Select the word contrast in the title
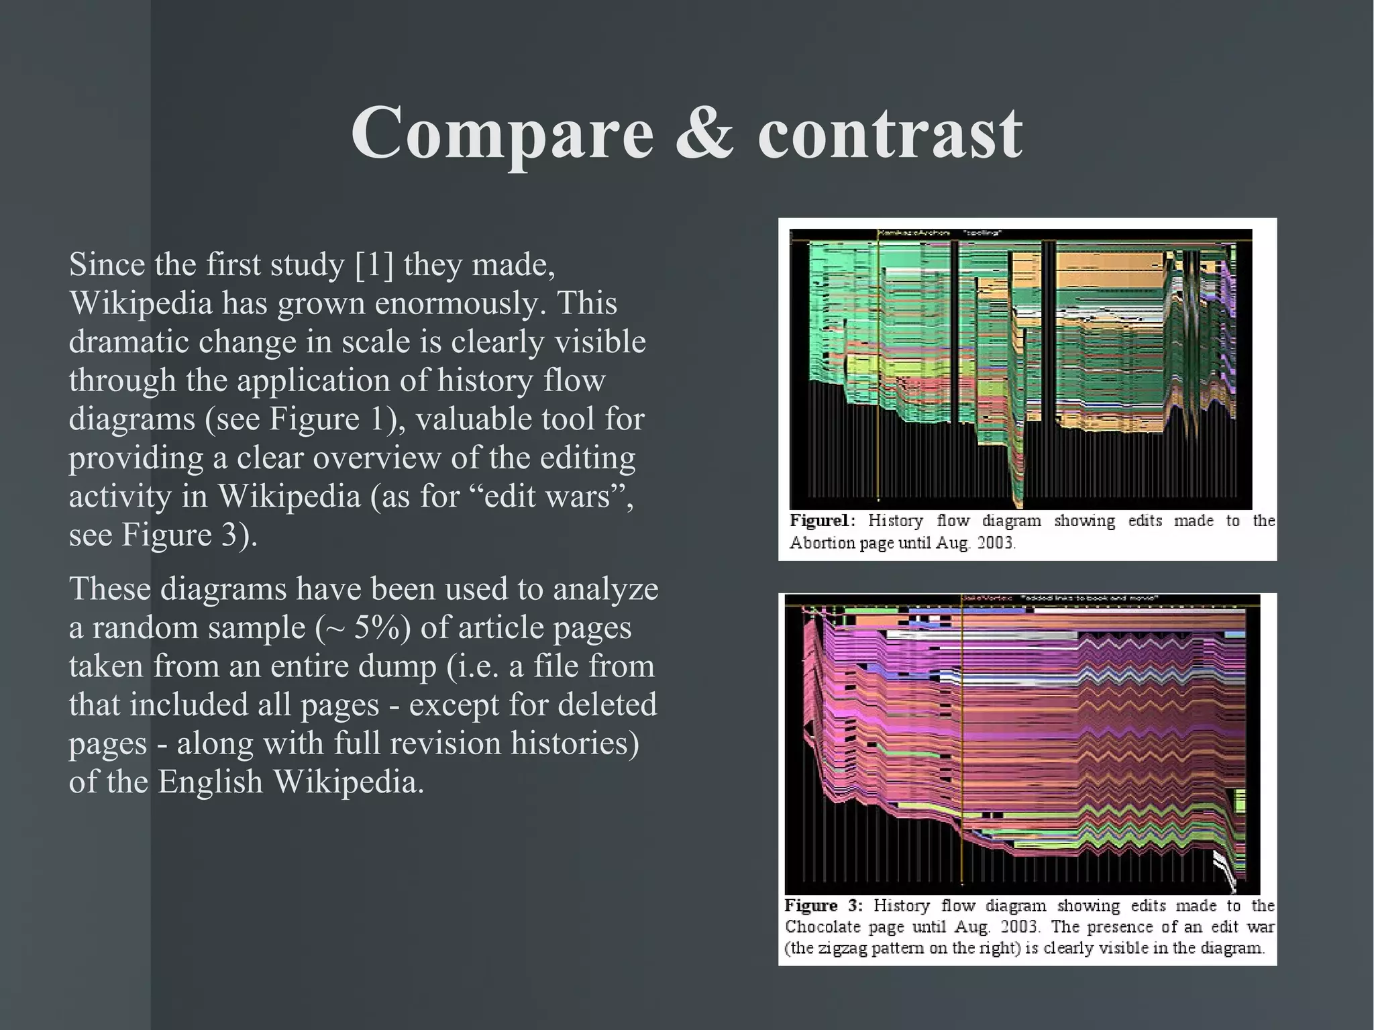890,132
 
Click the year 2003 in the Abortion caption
996,543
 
